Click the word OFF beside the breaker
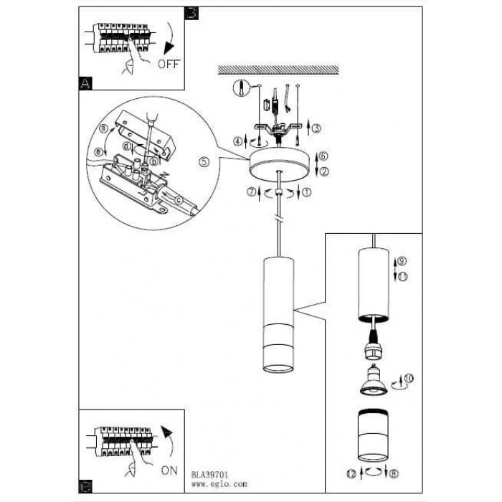[x=167, y=64]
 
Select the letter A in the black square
[x=85, y=84]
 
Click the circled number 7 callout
[x=252, y=192]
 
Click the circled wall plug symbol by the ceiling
[x=242, y=89]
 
